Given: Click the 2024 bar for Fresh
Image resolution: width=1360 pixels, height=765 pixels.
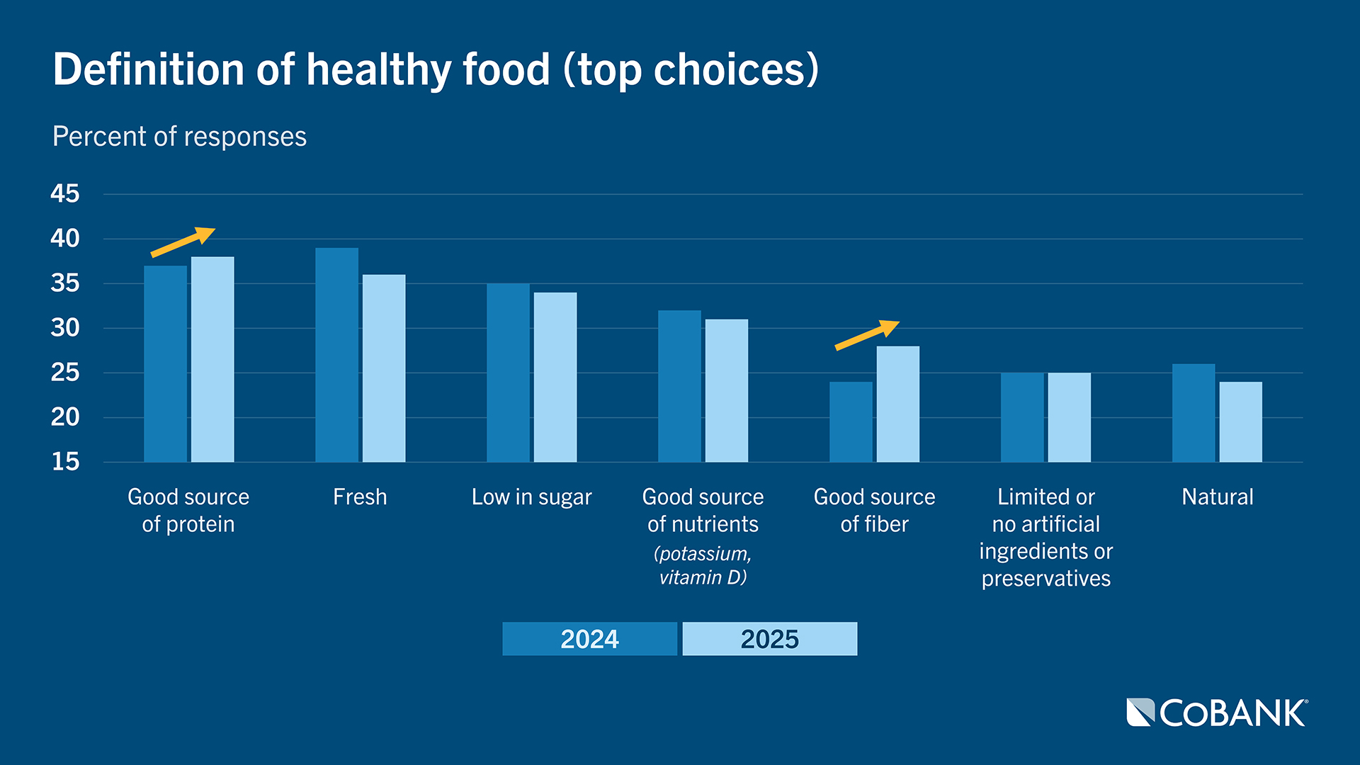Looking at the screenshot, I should pyautogui.click(x=336, y=354).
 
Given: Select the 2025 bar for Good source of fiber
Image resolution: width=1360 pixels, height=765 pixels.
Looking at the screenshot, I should pyautogui.click(x=897, y=404).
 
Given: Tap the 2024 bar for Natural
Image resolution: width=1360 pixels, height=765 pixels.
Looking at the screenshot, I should pyautogui.click(x=1193, y=413).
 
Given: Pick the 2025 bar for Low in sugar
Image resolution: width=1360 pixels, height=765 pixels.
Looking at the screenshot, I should pyautogui.click(x=555, y=377).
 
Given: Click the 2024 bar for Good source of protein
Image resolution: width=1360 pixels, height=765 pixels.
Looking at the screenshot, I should pyautogui.click(x=165, y=363).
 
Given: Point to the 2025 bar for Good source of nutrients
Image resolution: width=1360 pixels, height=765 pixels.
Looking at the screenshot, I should pyautogui.click(x=726, y=390).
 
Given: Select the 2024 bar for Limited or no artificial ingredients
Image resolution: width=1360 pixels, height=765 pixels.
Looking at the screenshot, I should pyautogui.click(x=1021, y=417).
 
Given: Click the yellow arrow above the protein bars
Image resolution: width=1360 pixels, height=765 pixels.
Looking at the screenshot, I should pyautogui.click(x=183, y=242).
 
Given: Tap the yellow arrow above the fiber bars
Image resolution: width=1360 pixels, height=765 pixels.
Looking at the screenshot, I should pyautogui.click(x=867, y=335).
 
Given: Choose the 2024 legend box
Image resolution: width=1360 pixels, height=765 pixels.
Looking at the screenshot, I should pyautogui.click(x=589, y=639).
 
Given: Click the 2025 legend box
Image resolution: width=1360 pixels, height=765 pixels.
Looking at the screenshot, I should pyautogui.click(x=769, y=639).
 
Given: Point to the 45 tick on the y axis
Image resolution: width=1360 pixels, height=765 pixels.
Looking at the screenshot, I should pyautogui.click(x=65, y=193).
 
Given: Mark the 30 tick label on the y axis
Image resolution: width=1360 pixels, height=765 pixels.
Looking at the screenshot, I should pyautogui.click(x=65, y=328).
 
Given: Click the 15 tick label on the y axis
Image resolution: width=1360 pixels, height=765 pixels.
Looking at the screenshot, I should pyautogui.click(x=65, y=462).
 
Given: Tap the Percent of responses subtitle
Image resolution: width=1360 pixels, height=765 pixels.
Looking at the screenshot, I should pyautogui.click(x=179, y=136).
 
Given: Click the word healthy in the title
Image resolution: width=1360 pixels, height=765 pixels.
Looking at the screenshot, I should pyautogui.click(x=378, y=69).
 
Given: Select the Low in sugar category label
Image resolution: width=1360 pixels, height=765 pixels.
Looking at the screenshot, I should pyautogui.click(x=531, y=497).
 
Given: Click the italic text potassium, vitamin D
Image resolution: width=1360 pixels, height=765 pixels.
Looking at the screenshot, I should pyautogui.click(x=703, y=565).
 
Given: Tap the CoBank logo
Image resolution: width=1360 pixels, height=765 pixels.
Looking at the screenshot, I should pyautogui.click(x=1217, y=713).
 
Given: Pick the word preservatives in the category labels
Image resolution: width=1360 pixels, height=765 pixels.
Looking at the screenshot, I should pyautogui.click(x=1045, y=579).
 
